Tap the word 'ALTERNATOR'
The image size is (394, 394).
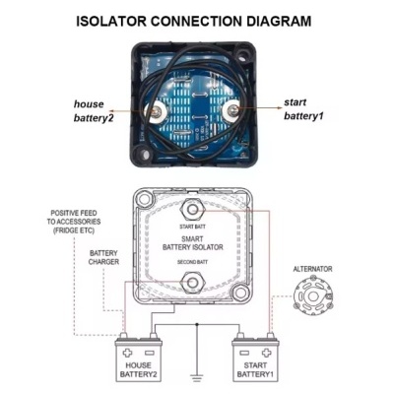coord(313,267)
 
